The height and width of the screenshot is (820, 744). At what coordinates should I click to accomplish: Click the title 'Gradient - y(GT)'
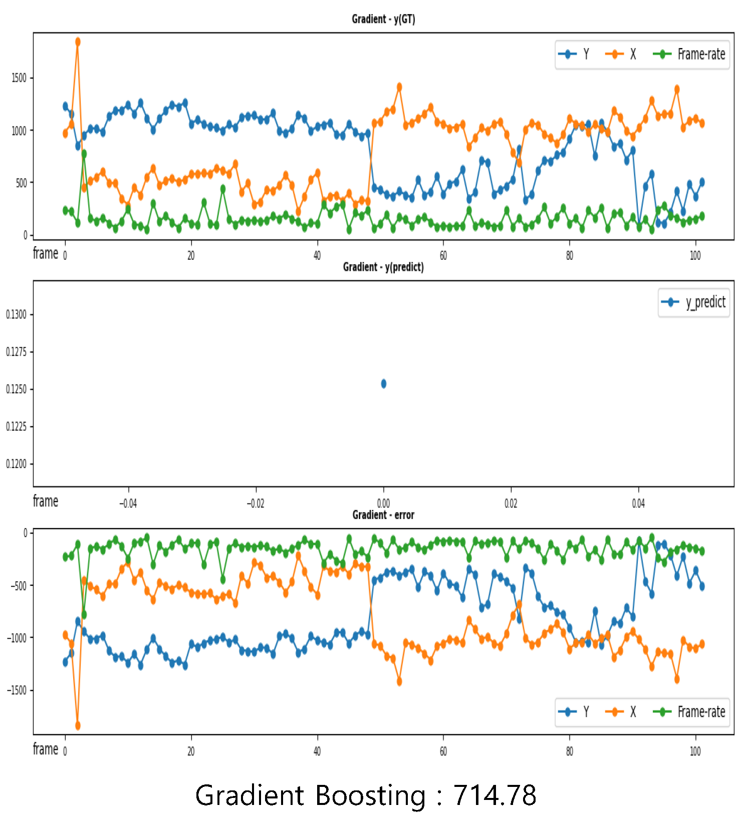[383, 19]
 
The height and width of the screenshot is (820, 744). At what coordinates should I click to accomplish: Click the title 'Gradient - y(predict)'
[383, 267]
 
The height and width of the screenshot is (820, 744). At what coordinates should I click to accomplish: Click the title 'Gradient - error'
[383, 515]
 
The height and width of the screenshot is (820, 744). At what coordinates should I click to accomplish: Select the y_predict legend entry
[694, 302]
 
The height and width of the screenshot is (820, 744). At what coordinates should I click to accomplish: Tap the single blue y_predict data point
[384, 384]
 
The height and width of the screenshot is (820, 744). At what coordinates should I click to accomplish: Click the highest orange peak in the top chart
[78, 42]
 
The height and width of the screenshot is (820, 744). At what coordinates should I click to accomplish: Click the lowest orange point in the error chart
[78, 725]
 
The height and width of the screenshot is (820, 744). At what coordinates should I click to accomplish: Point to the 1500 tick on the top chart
[19, 78]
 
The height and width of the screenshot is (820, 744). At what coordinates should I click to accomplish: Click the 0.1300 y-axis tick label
[16, 314]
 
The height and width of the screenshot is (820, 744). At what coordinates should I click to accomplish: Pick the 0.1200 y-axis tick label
[16, 464]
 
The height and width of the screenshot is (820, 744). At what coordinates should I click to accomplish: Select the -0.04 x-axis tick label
[128, 504]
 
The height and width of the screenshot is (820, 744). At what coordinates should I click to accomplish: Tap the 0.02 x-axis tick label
[511, 504]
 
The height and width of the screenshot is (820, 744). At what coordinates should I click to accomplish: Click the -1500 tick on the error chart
[17, 690]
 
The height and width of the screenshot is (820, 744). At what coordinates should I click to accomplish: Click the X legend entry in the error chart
[621, 712]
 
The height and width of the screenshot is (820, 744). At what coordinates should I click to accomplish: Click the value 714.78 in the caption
[494, 795]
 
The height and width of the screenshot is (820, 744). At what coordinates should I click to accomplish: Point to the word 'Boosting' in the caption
[370, 795]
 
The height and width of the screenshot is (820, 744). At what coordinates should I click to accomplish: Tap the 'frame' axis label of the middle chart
[46, 501]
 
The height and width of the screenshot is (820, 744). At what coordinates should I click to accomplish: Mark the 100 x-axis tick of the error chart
[695, 751]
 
